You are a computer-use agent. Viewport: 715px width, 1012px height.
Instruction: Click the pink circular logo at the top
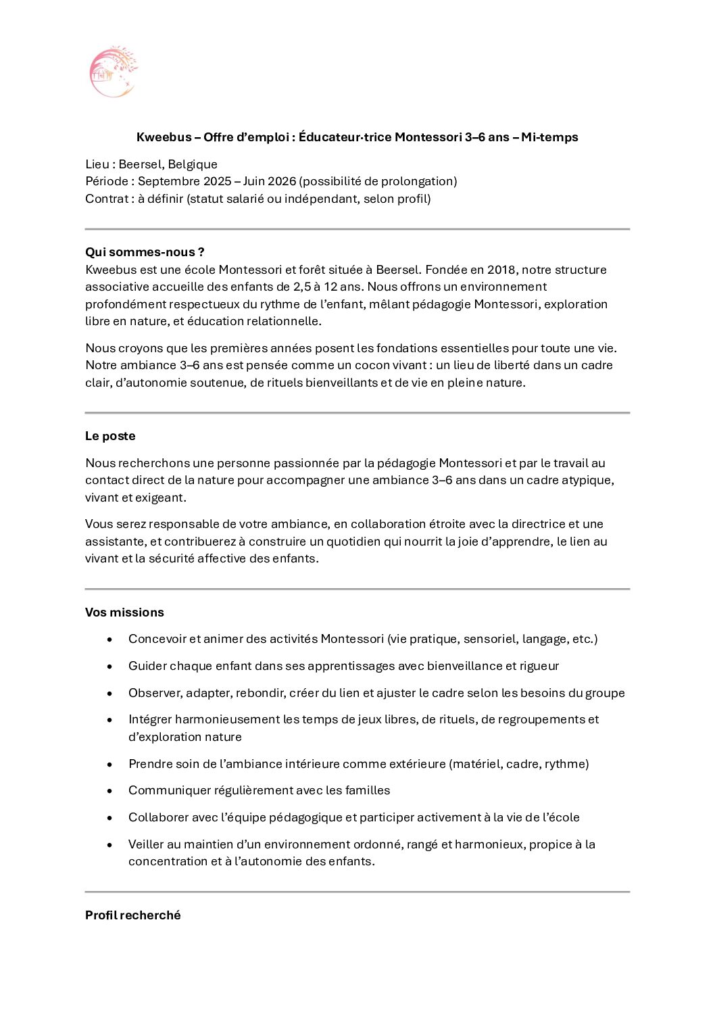point(113,72)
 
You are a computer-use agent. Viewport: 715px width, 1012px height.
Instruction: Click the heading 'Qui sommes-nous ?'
point(145,252)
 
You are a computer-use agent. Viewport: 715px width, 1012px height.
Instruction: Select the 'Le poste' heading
point(110,436)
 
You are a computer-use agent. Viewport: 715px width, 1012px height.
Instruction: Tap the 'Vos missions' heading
point(124,612)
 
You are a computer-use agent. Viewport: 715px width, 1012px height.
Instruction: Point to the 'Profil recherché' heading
point(133,915)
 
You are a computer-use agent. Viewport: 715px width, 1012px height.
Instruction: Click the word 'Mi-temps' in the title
point(549,137)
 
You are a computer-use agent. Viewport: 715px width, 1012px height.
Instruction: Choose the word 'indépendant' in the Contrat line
point(320,199)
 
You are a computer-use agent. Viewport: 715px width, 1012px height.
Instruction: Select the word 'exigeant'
point(160,498)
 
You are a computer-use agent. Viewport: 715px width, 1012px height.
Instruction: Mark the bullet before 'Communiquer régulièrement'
point(109,791)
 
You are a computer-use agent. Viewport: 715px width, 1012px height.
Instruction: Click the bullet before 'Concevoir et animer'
point(109,640)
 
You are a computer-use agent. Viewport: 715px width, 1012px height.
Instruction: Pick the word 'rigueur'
point(539,666)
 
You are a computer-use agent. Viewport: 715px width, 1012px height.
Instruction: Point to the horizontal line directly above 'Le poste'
point(357,412)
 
